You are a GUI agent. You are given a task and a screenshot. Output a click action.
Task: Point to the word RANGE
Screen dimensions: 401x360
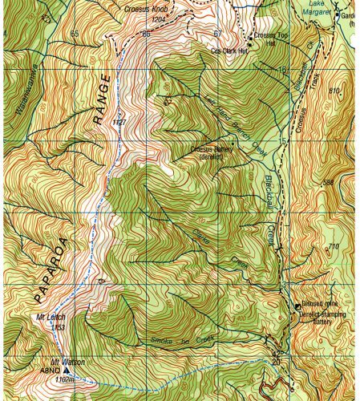point(99,106)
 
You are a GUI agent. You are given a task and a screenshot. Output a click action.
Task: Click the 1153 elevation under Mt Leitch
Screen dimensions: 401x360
point(57,327)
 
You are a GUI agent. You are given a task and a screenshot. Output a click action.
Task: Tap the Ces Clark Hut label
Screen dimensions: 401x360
point(226,50)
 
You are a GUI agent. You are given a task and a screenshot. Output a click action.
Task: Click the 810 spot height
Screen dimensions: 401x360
point(335,90)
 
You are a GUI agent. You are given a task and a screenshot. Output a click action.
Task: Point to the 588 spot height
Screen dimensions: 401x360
point(328,183)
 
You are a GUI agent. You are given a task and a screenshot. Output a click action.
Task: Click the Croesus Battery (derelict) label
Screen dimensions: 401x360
point(213,152)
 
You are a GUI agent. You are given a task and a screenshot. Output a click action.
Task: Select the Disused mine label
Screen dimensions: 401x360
point(318,305)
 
